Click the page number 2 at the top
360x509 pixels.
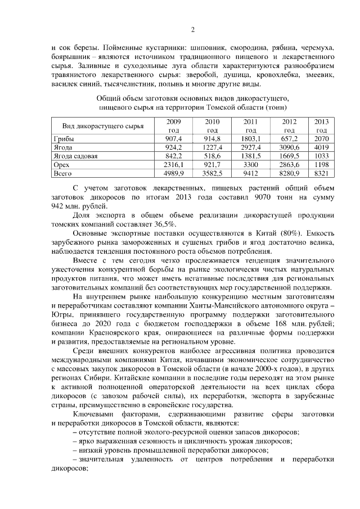[x=192, y=30]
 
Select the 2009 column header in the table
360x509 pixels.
[x=174, y=125]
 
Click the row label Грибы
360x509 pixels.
[x=64, y=138]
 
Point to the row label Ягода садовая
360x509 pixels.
[x=75, y=156]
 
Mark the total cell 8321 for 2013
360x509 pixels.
[x=321, y=174]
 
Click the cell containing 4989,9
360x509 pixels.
[x=174, y=174]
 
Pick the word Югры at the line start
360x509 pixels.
[x=61, y=316]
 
